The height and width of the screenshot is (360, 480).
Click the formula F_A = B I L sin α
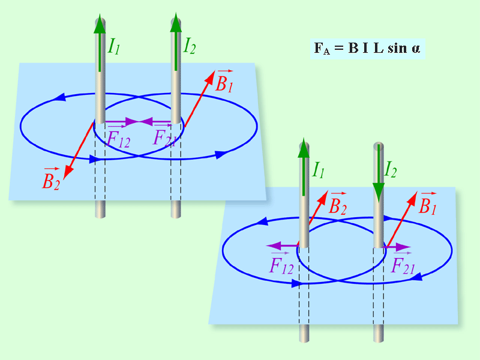[367, 49]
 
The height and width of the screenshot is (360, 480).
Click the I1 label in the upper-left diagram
[114, 47]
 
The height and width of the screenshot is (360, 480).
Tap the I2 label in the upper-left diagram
[190, 46]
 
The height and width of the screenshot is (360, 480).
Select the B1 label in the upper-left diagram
[224, 81]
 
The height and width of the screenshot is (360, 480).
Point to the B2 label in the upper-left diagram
[51, 178]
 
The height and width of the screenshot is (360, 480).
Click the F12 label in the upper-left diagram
[118, 137]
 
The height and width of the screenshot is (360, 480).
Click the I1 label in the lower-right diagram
[318, 170]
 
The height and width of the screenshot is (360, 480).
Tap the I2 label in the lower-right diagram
[391, 169]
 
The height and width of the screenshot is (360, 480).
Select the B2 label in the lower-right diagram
[338, 203]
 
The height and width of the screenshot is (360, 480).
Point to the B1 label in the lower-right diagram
[427, 203]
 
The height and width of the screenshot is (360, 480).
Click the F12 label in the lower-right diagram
[281, 263]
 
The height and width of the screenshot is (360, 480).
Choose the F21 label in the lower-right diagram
[403, 263]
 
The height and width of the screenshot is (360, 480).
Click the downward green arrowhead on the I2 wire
[379, 193]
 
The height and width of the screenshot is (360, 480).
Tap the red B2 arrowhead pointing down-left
[68, 172]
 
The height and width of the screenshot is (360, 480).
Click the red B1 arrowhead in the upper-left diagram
[209, 77]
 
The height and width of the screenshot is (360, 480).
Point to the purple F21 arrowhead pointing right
[403, 247]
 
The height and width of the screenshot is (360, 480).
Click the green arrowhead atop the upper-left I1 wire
[100, 23]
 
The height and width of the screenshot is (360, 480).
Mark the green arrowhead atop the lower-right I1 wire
[304, 148]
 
